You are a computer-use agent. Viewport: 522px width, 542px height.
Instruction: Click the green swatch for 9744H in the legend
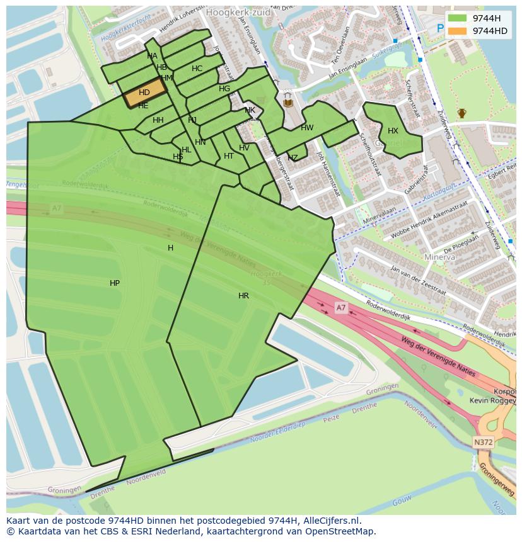tap(458, 18)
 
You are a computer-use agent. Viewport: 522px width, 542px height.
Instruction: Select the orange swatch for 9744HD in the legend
tap(458, 31)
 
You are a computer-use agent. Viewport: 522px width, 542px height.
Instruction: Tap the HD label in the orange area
tap(144, 93)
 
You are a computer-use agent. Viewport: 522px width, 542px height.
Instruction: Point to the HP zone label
tap(115, 283)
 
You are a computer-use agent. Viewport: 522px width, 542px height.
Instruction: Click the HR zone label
tap(243, 295)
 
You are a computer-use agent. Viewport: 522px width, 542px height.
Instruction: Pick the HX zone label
tap(393, 131)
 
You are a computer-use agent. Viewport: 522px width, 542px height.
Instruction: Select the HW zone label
tap(307, 128)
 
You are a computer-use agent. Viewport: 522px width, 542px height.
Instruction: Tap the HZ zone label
tap(293, 157)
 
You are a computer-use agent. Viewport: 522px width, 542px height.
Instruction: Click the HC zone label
tap(197, 69)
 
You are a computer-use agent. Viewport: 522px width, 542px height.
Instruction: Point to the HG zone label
tap(224, 89)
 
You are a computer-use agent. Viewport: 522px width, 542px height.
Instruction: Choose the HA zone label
tap(152, 56)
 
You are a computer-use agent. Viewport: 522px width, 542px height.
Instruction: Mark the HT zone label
tap(229, 156)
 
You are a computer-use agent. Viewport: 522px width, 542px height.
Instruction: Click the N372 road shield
tap(483, 443)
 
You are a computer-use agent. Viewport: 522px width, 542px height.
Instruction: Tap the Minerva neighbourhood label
tap(439, 257)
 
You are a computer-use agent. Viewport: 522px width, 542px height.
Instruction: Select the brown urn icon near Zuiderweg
tap(462, 113)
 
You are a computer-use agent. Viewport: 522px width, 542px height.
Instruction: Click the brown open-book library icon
tap(289, 102)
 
